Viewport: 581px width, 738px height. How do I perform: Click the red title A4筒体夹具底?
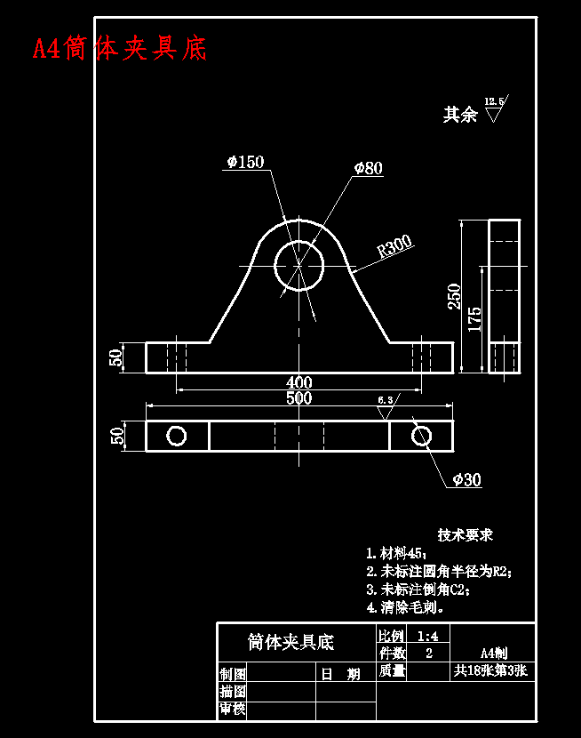click(x=120, y=48)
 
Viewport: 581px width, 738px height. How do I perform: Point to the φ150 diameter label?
click(x=245, y=162)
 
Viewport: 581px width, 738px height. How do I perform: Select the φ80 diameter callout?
click(x=368, y=168)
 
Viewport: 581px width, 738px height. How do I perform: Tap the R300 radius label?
click(x=395, y=246)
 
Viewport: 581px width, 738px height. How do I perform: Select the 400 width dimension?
click(x=298, y=382)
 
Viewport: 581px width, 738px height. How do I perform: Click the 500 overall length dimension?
click(x=298, y=398)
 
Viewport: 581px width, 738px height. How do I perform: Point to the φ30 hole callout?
click(x=466, y=480)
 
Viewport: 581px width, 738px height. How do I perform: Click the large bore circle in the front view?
click(x=299, y=265)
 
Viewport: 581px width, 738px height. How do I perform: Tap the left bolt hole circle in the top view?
click(x=177, y=436)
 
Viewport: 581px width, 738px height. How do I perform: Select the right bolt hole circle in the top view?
click(x=421, y=436)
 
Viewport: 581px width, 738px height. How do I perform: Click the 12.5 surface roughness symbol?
click(x=494, y=109)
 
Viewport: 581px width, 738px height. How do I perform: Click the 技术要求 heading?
click(x=465, y=535)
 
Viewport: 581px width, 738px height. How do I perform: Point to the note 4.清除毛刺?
click(x=406, y=608)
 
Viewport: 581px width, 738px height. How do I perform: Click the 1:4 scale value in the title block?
click(x=427, y=636)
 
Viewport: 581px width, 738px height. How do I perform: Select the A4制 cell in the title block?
click(x=493, y=652)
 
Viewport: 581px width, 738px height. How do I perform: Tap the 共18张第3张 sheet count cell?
click(x=490, y=671)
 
